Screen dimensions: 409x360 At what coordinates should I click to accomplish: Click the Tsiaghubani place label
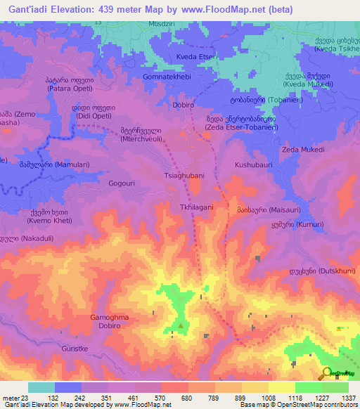tap(184, 176)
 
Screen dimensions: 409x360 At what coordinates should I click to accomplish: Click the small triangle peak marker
tap(180, 325)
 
